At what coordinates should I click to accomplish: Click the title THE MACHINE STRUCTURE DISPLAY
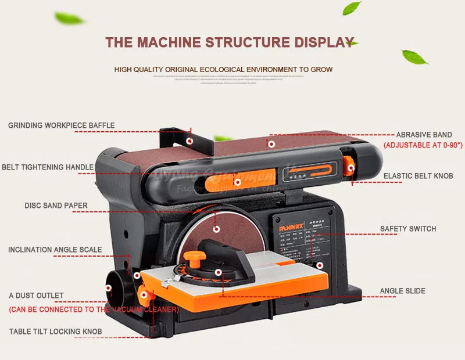pyautogui.click(x=230, y=42)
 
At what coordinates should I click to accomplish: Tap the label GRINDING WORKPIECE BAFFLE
pyautogui.click(x=61, y=125)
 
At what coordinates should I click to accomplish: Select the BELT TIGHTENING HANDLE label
pyautogui.click(x=48, y=167)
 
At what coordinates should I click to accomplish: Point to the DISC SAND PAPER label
pyautogui.click(x=56, y=206)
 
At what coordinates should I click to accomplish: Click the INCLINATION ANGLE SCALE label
pyautogui.click(x=55, y=250)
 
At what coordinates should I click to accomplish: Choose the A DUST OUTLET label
pyautogui.click(x=36, y=296)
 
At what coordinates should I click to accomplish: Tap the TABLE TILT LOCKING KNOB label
pyautogui.click(x=55, y=332)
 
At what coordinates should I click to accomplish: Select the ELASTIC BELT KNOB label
pyautogui.click(x=417, y=175)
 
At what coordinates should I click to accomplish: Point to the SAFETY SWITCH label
pyautogui.click(x=408, y=229)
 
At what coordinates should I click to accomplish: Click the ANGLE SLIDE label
pyautogui.click(x=403, y=291)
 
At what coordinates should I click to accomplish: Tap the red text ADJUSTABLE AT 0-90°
pyautogui.click(x=422, y=145)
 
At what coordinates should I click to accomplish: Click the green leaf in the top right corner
pyautogui.click(x=352, y=8)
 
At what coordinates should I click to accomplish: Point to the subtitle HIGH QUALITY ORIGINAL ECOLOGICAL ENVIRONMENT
pyautogui.click(x=223, y=70)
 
